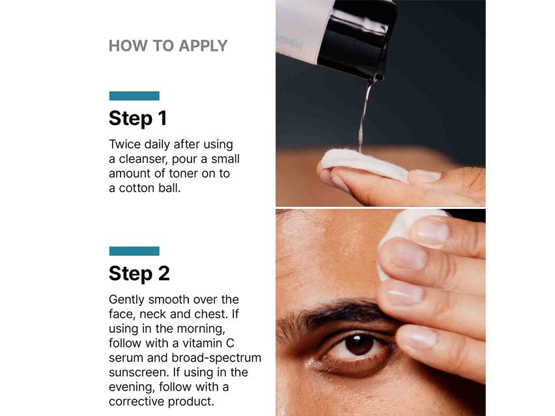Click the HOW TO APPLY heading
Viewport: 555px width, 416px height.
(x=167, y=46)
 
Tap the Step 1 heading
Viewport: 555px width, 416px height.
(x=137, y=118)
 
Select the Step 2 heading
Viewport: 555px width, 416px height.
(x=139, y=273)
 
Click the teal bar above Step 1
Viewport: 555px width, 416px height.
(x=134, y=96)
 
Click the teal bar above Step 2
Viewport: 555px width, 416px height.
(x=134, y=251)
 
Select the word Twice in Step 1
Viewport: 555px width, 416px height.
(x=124, y=145)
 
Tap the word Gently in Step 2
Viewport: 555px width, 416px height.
(x=126, y=299)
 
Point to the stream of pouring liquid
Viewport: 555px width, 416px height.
(x=364, y=114)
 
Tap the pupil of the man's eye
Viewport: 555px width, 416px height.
(x=359, y=343)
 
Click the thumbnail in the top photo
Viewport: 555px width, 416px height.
(x=427, y=176)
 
